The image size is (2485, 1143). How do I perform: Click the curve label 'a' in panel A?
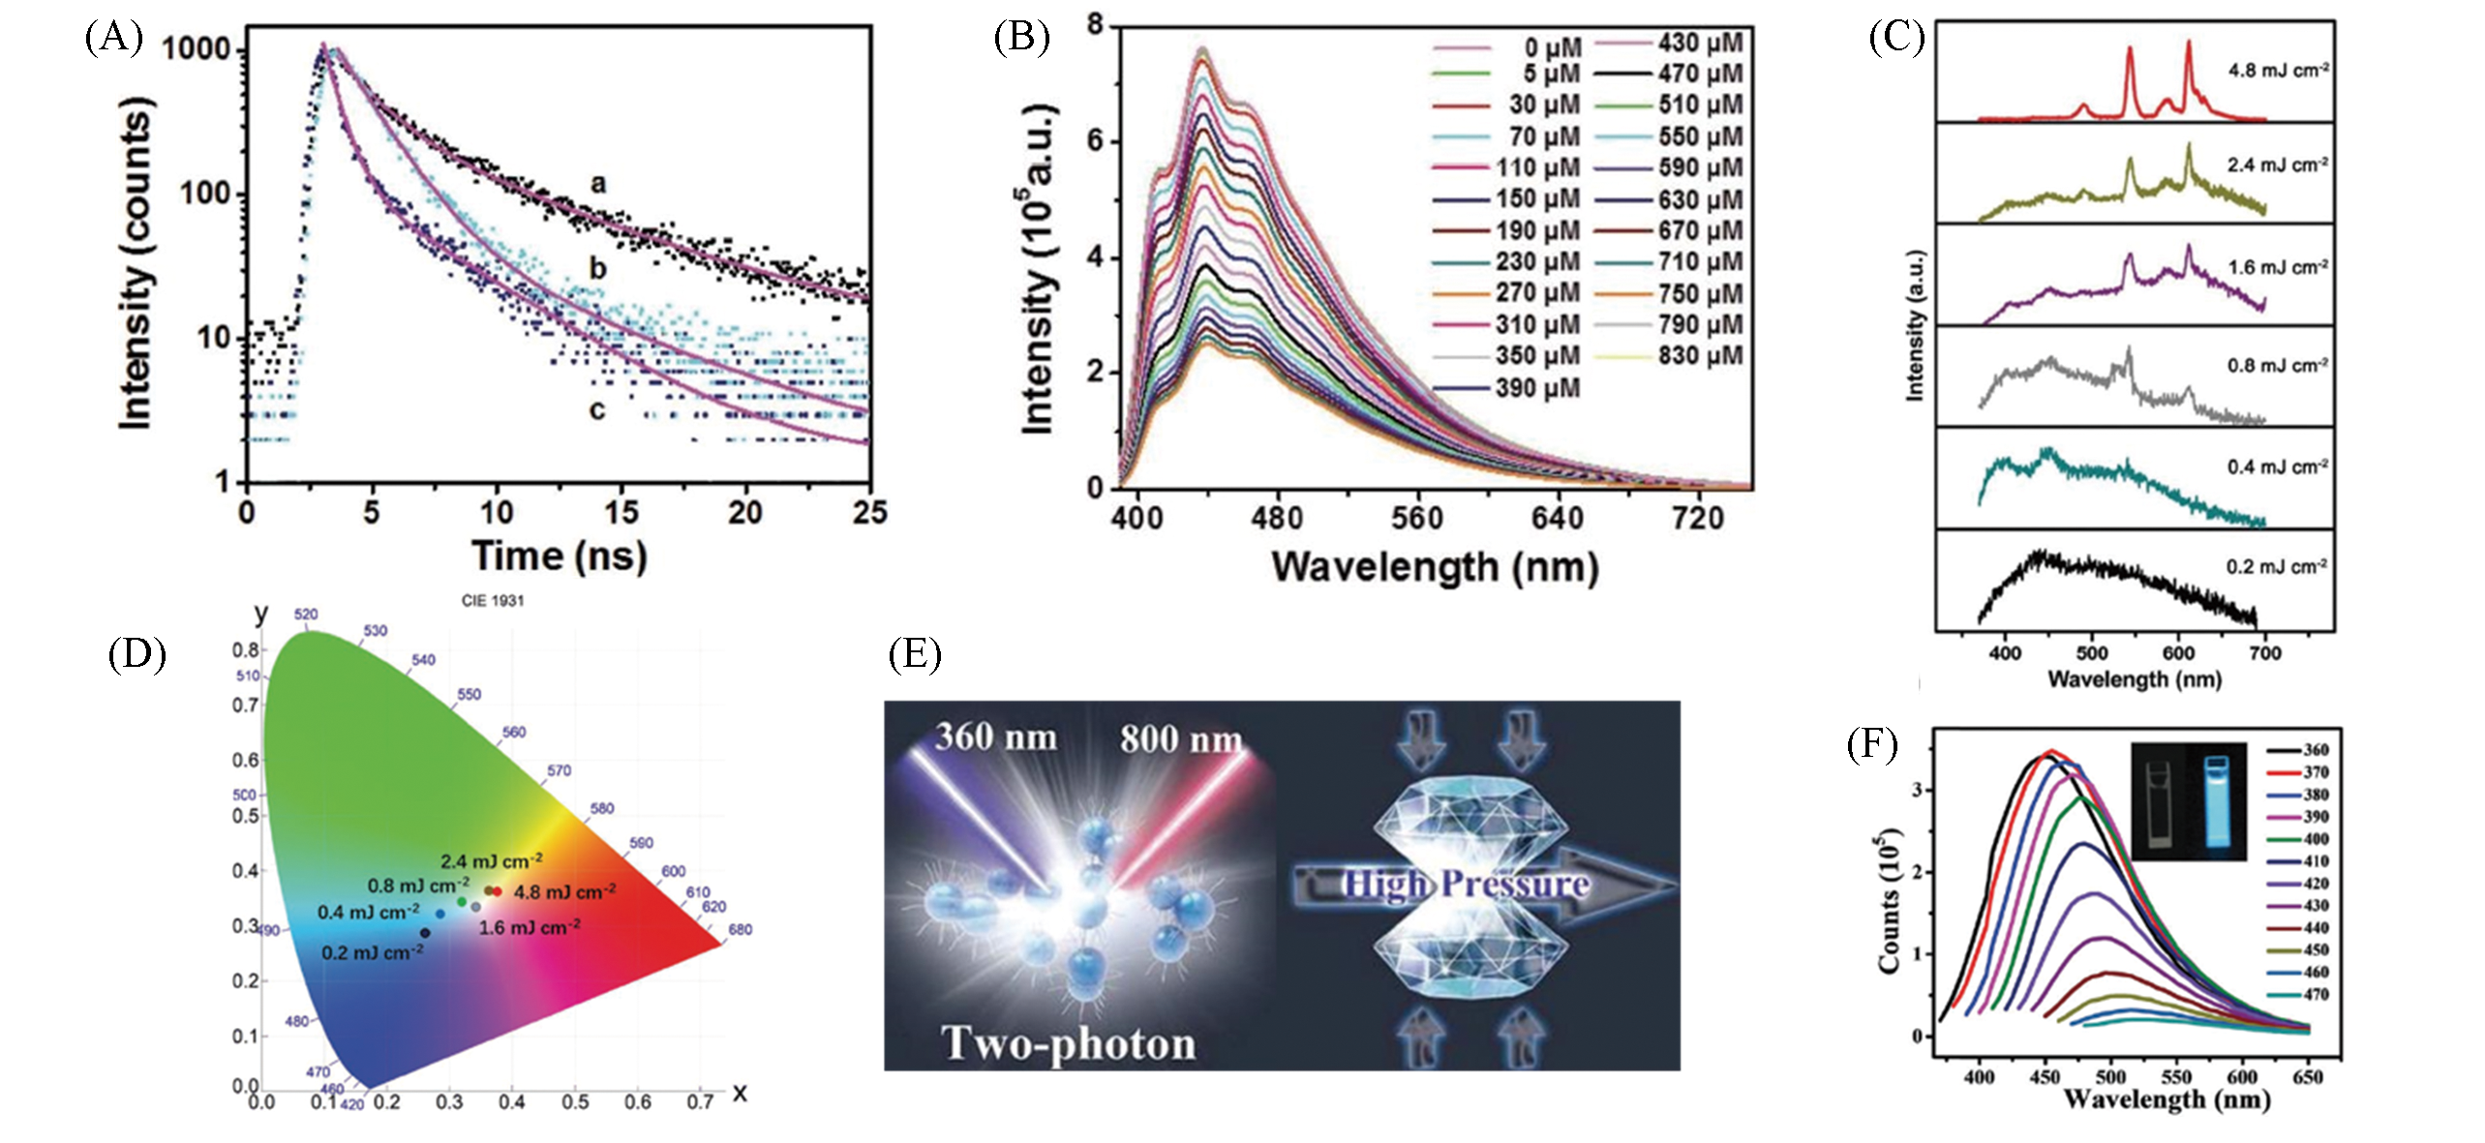click(598, 183)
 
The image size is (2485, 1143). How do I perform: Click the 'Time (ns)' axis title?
click(560, 556)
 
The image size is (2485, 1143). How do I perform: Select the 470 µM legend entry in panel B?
click(1700, 74)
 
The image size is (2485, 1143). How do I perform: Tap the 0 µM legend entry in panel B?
click(1553, 47)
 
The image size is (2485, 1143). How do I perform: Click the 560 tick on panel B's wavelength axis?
click(1417, 519)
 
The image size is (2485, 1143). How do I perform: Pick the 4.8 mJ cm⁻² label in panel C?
click(2278, 71)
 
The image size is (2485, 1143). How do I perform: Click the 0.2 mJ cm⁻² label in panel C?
click(2276, 567)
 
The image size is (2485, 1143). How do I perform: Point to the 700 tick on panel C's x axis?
click(2265, 653)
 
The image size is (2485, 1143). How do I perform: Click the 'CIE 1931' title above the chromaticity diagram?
click(493, 601)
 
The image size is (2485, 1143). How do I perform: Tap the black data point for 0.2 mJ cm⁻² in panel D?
click(425, 933)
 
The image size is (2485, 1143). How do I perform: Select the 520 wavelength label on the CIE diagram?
click(306, 615)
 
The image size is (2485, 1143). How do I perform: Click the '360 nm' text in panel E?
click(995, 737)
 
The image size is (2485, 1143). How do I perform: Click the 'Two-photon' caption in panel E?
click(1069, 1043)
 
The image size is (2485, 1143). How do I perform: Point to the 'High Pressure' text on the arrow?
click(1466, 884)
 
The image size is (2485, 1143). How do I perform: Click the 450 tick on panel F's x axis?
click(2045, 1077)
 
